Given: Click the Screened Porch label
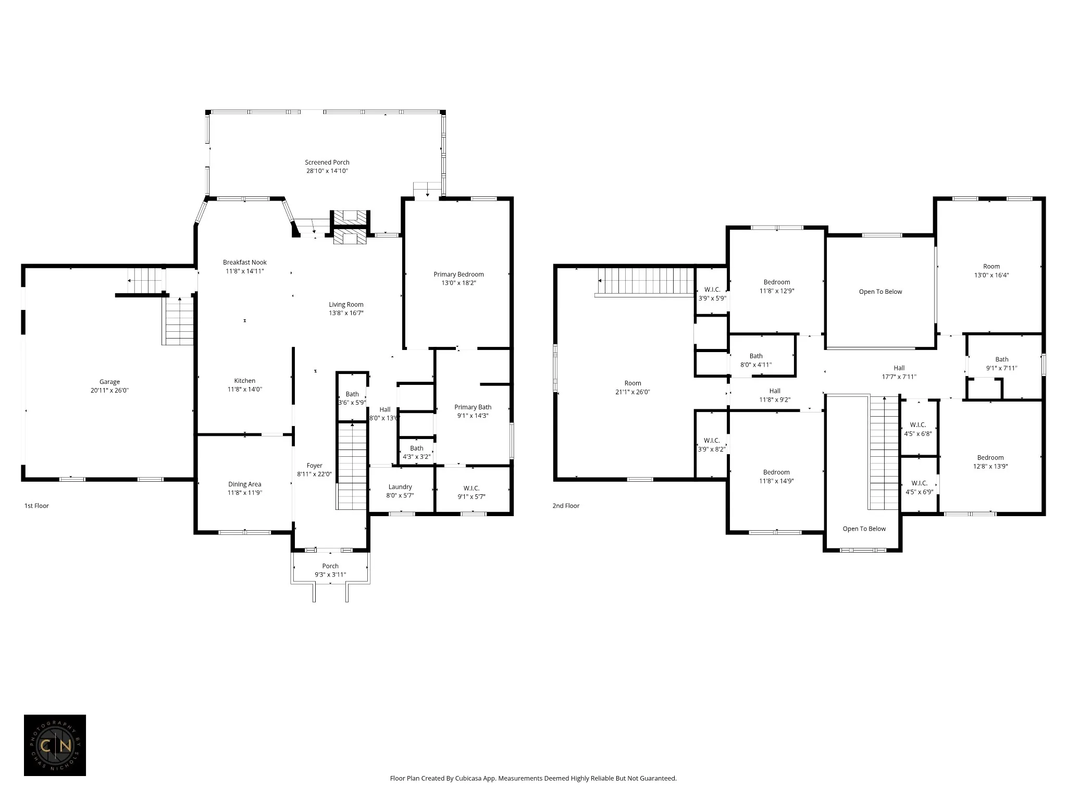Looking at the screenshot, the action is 327,162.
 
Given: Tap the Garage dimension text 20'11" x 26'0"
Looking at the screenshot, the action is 109,390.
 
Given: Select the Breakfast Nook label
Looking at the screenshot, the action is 245,262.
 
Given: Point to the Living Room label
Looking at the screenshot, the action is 346,305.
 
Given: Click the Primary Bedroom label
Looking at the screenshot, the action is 458,274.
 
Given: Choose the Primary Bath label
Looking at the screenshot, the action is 473,407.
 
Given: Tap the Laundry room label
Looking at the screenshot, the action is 400,487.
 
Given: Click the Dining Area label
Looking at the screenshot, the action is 245,484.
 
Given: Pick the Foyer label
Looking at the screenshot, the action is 315,466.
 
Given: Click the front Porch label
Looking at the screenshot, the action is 330,566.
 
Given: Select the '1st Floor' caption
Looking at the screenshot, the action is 36,506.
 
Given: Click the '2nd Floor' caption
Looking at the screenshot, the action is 566,506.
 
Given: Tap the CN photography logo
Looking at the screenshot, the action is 55,745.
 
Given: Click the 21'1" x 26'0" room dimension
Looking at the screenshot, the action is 633,392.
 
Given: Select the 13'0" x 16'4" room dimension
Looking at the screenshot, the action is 991,275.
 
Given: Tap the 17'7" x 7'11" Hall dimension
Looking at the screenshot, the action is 899,377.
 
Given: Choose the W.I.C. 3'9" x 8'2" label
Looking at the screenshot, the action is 712,445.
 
